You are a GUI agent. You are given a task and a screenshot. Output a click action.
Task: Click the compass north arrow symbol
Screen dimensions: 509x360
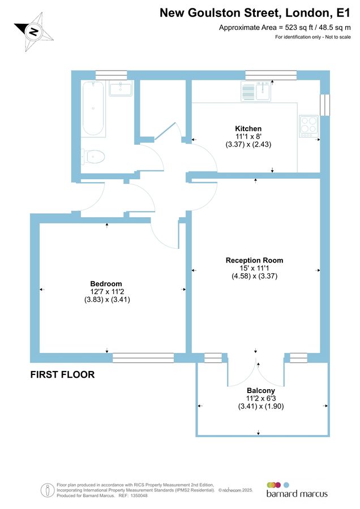pyautogui.click(x=34, y=31)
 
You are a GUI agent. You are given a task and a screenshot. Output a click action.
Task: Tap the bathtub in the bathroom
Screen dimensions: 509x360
pyautogui.click(x=93, y=109)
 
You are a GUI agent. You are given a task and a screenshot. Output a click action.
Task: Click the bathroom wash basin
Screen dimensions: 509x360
pyautogui.click(x=121, y=88)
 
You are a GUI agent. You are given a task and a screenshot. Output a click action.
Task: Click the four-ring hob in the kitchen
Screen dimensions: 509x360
pyautogui.click(x=309, y=125)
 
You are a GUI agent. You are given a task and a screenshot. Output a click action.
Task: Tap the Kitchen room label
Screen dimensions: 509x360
pyautogui.click(x=248, y=128)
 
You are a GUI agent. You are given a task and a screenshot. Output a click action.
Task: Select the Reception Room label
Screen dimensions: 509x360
pyautogui.click(x=254, y=260)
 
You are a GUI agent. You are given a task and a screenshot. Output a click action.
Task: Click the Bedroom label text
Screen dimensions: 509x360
pyautogui.click(x=106, y=283)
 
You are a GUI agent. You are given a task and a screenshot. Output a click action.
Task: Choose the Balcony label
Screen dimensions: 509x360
pyautogui.click(x=261, y=391)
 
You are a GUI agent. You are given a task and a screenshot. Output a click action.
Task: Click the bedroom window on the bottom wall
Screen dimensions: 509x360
pyautogui.click(x=143, y=357)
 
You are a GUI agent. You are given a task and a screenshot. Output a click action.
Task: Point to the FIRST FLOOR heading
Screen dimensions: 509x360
pyautogui.click(x=62, y=374)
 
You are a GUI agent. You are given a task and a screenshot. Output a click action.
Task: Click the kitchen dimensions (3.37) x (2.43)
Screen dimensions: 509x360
pyautogui.click(x=248, y=145)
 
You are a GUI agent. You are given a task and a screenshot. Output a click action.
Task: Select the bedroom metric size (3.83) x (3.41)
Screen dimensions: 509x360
pyautogui.click(x=106, y=300)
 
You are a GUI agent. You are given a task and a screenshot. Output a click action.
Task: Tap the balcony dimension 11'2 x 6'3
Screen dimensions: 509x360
pyautogui.click(x=261, y=399)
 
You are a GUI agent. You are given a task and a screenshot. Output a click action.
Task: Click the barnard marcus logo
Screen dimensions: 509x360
pyautogui.click(x=297, y=490)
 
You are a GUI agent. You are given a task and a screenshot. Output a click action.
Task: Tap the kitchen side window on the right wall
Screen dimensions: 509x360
pyautogui.click(x=324, y=104)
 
